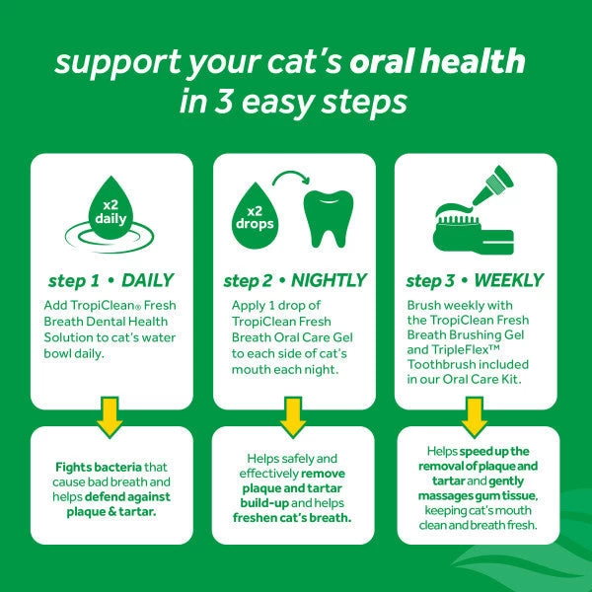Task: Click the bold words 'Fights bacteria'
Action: [95, 467]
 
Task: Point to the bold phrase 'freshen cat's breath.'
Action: [294, 517]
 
